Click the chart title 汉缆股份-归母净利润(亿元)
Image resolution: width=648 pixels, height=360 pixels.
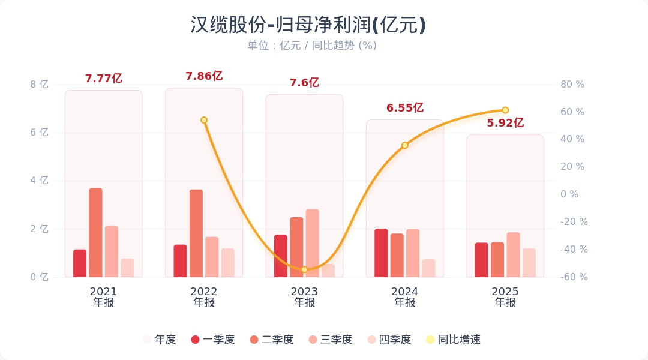point(308,25)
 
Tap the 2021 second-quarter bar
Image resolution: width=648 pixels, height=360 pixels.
point(95,233)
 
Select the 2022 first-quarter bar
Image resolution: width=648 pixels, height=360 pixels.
point(180,261)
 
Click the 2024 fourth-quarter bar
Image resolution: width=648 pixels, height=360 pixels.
point(428,268)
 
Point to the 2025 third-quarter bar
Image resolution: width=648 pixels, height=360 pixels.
point(513,254)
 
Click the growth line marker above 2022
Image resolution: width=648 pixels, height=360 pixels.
point(204,120)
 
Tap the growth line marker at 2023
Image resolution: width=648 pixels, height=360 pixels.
point(304,269)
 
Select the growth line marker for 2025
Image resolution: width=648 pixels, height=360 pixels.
point(505,110)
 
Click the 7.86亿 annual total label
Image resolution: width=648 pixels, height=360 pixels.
point(204,76)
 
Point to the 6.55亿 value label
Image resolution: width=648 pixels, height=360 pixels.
point(405,108)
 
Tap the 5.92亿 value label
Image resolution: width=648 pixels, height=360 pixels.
point(505,123)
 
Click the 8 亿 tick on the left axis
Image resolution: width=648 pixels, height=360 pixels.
point(40,85)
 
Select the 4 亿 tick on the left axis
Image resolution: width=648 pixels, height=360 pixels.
point(40,181)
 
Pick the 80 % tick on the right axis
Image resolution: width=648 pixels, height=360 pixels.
point(572,85)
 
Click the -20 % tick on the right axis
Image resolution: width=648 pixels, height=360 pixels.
point(574,221)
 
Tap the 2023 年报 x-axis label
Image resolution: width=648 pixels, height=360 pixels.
point(304,297)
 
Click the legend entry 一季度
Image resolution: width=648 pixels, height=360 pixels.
point(212,340)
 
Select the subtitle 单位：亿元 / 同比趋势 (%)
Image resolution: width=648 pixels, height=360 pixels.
point(312,46)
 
